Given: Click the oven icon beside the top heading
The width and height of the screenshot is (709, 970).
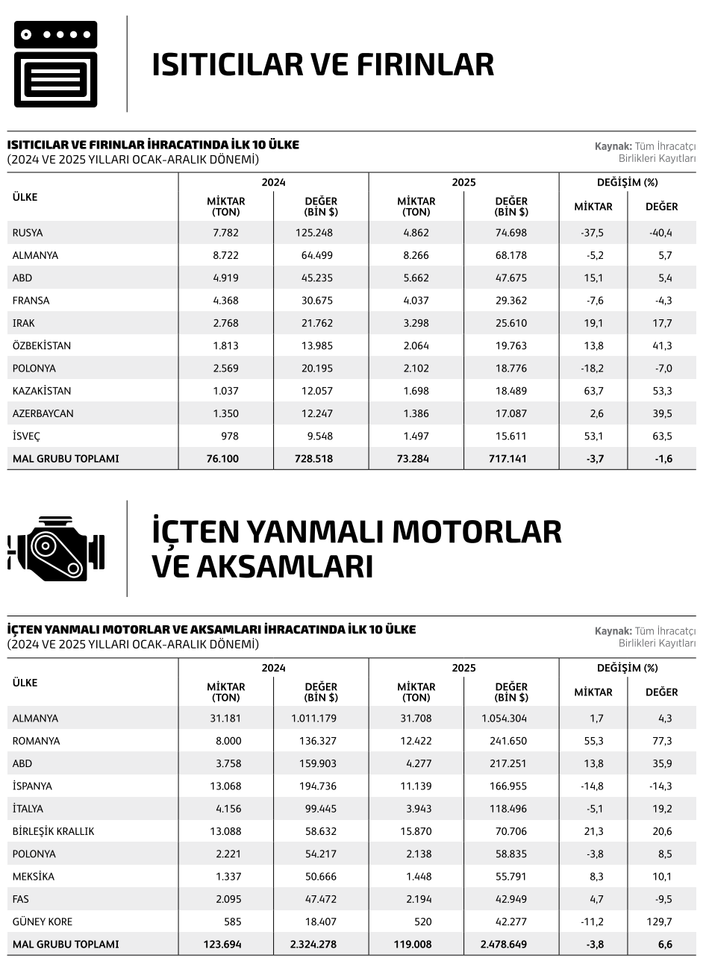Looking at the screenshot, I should (x=55, y=64).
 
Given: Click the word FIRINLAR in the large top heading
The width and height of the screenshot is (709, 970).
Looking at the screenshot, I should (x=425, y=64).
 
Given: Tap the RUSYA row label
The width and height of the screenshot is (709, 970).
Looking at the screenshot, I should (x=28, y=233).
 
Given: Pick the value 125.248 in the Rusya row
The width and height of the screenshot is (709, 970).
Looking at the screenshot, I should (x=314, y=233).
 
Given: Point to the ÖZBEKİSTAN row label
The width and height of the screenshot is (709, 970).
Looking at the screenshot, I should (x=42, y=345).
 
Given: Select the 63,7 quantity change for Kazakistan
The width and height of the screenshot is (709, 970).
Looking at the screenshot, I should (x=594, y=391).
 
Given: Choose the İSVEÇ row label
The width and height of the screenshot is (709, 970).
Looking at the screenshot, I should (x=26, y=436).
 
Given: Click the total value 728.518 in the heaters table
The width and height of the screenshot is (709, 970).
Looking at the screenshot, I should (x=314, y=459).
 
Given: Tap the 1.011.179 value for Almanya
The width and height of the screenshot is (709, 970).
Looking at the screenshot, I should (x=313, y=719).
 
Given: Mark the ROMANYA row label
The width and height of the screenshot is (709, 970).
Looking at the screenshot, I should (x=36, y=741).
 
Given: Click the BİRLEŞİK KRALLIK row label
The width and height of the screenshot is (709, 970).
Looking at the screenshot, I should (x=53, y=831).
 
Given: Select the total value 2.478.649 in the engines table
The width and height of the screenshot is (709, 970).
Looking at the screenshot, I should (x=504, y=944).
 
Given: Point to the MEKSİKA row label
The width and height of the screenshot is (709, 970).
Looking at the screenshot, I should (x=34, y=877).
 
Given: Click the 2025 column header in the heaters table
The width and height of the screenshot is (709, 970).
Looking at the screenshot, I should (x=463, y=182).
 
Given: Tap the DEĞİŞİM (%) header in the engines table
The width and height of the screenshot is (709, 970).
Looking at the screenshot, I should (x=627, y=668).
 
